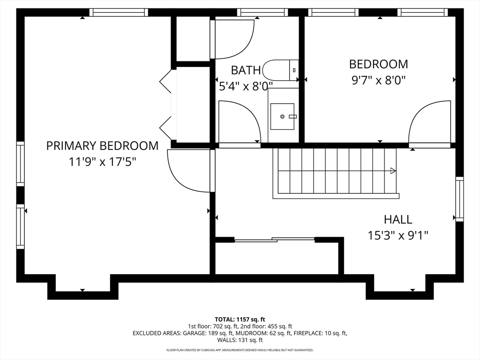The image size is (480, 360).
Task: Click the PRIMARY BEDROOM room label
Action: click(x=102, y=146)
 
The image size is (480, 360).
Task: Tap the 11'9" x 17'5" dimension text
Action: click(x=102, y=162)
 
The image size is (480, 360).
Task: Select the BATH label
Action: click(x=246, y=70)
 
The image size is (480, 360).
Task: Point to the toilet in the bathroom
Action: click(x=281, y=70)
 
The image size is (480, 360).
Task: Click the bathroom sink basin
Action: click(x=282, y=116)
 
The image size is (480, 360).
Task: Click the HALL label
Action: click(x=398, y=219)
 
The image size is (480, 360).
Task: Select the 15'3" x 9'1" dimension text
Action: click(x=398, y=235)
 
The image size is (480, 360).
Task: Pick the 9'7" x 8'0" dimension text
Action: click(x=379, y=80)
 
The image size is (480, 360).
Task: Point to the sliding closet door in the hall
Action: click(x=275, y=240)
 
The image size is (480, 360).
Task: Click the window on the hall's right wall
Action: click(x=459, y=199)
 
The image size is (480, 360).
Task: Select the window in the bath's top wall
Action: click(x=262, y=12)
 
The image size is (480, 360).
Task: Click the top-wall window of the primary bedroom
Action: click(x=119, y=12)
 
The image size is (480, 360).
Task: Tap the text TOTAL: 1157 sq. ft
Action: click(x=240, y=320)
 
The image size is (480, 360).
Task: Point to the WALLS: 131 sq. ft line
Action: click(x=240, y=340)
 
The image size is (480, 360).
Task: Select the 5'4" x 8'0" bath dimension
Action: click(x=246, y=86)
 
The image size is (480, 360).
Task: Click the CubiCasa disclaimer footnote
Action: click(x=240, y=350)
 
